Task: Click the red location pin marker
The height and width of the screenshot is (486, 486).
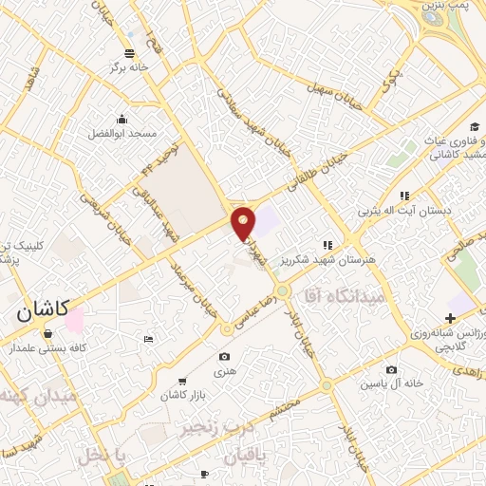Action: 244,223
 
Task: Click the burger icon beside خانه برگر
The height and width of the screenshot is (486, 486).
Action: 129,53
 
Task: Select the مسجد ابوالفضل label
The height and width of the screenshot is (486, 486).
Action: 122,136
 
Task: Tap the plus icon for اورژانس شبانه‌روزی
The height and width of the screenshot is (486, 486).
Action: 450,317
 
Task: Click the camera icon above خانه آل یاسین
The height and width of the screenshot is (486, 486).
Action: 392,369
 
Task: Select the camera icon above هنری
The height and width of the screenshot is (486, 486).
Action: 224,357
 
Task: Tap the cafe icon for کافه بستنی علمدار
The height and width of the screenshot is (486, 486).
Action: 47,333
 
